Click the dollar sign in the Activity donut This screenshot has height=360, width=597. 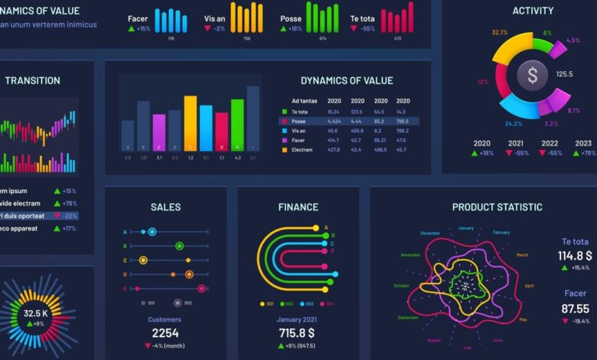coord(533,74)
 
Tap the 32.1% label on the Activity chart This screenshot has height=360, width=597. coord(500,32)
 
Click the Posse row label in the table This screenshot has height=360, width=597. coord(298,121)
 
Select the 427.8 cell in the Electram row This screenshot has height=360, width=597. coord(334,150)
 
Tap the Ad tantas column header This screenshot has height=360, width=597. coord(305,101)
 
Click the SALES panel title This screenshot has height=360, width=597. coord(165,207)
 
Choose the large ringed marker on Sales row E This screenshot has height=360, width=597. coord(201,289)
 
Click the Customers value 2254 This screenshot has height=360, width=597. coord(165,333)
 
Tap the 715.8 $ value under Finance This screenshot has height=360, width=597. coord(296,333)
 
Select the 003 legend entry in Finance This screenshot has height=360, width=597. coord(309,304)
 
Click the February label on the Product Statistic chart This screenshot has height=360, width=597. coord(501,233)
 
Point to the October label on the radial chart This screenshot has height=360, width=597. coord(401,286)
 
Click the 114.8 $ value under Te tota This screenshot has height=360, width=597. coord(575,256)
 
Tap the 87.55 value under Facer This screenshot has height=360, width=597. coord(575,309)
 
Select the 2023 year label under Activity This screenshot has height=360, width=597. coord(584,143)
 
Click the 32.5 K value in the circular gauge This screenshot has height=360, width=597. coord(36,313)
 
